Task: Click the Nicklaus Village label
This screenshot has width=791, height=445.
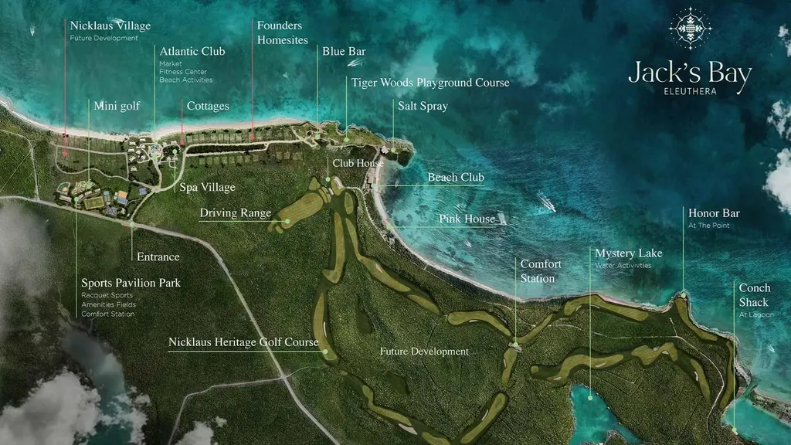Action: point(110,26)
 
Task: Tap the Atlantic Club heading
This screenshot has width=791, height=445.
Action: point(192,52)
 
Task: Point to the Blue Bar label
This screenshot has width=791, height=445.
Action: point(344,52)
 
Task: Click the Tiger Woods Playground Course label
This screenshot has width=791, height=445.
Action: point(430,82)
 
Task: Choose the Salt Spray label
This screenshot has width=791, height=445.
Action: point(423,106)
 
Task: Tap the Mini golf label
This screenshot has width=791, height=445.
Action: point(117,106)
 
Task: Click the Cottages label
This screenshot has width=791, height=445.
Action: point(208,106)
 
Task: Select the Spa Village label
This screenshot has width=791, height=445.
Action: point(207,187)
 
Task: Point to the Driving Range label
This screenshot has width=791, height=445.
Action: point(235,212)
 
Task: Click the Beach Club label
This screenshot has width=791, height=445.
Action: point(456,177)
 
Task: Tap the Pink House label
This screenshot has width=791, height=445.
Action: point(467,219)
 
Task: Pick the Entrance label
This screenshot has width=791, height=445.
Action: point(158,256)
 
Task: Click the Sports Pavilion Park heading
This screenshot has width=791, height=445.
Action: point(131,283)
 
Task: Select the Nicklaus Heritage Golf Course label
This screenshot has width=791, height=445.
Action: point(243,341)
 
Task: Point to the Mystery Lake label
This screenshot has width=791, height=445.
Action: point(628,253)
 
